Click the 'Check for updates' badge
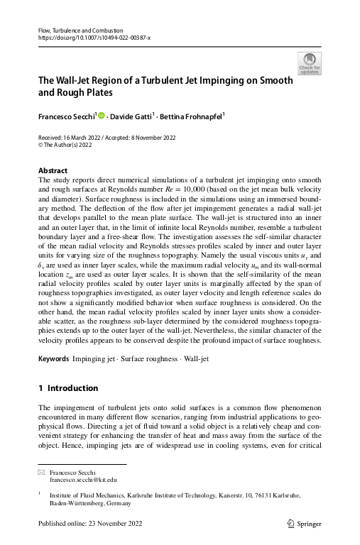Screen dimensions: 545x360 coord(310,63)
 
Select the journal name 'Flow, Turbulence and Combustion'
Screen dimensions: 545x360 coord(80,31)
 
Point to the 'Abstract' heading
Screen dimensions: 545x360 coord(53,171)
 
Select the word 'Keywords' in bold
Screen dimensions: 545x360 coord(54,360)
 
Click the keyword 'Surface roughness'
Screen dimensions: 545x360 coord(148,360)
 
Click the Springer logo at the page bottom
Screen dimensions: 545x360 coord(304,524)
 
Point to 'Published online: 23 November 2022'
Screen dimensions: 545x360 coord(90,524)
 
